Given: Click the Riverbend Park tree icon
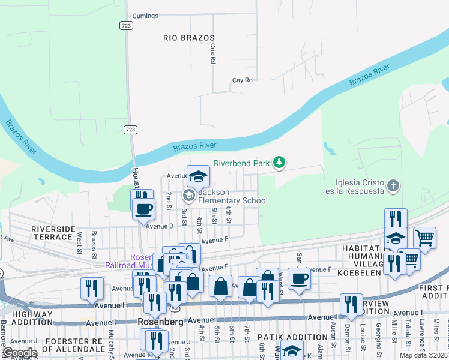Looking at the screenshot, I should point(279,162).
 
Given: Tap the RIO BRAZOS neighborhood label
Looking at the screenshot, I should point(189,38).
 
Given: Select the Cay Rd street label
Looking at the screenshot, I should point(243,80).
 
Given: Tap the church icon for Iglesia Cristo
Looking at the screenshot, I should point(393,185).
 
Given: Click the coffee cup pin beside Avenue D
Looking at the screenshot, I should point(144,209).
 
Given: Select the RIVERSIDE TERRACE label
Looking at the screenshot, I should point(53,233).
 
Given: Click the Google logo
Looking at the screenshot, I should point(19,353).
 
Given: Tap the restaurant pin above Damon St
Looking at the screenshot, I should point(351,304).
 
